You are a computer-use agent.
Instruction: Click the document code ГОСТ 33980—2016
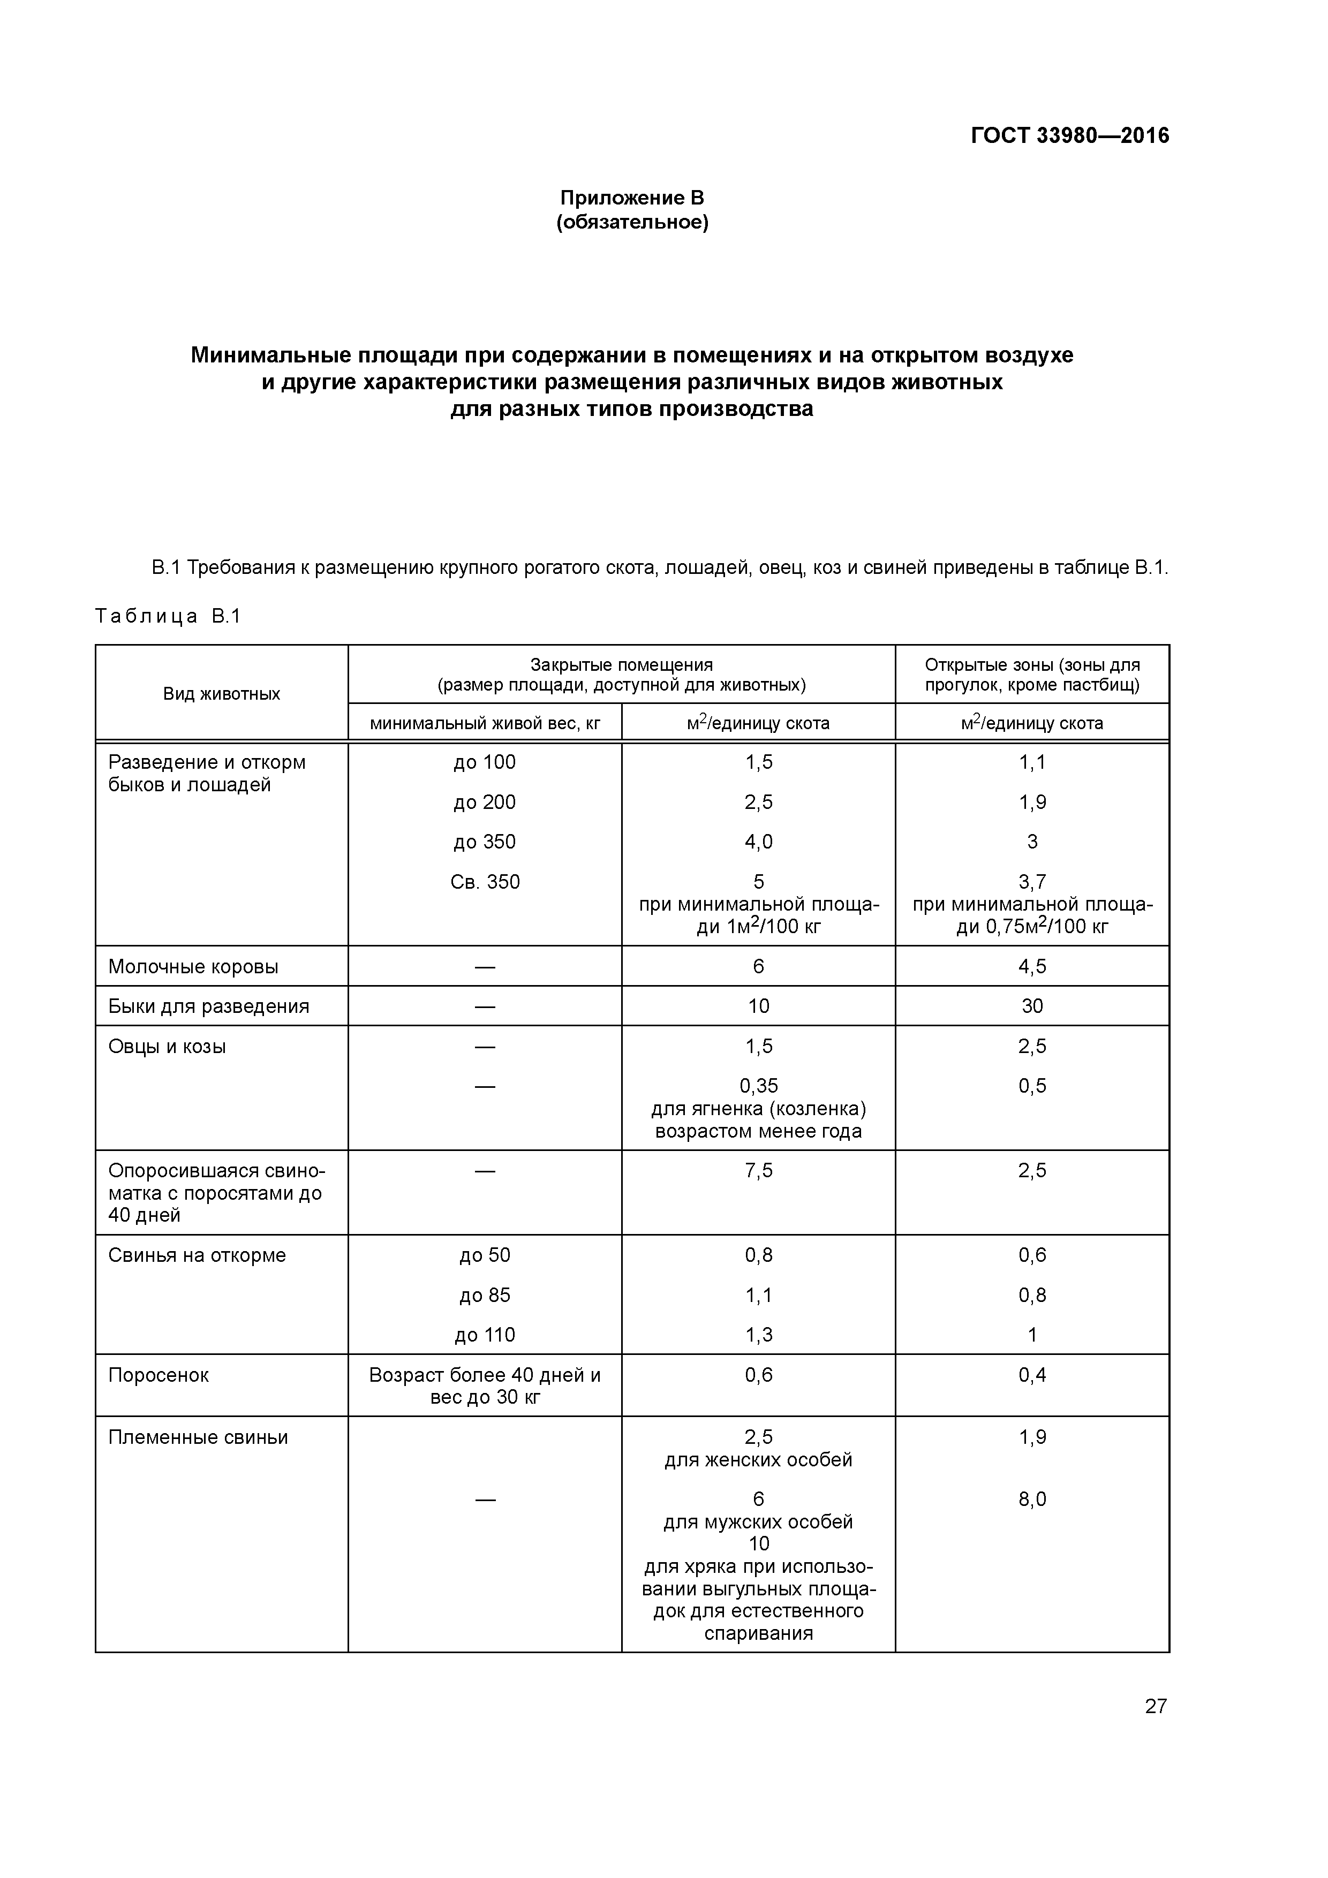[x=1069, y=135]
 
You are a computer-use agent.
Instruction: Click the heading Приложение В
[x=632, y=198]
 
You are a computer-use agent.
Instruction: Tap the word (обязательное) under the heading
[x=632, y=223]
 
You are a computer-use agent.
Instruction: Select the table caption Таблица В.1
[x=168, y=616]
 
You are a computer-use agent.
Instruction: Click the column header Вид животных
[x=222, y=694]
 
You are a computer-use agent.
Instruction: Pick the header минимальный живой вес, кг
[x=485, y=723]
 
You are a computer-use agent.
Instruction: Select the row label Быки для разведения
[x=209, y=1006]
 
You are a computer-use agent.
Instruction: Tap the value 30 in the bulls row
[x=1032, y=1006]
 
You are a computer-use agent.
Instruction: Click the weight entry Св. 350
[x=485, y=882]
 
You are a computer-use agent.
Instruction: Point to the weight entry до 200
[x=485, y=802]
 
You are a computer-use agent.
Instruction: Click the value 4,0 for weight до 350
[x=758, y=842]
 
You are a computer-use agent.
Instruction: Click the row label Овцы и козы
[x=167, y=1046]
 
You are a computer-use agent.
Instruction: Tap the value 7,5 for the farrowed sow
[x=758, y=1170]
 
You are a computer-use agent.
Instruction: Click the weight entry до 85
[x=485, y=1295]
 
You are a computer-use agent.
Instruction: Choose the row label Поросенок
[x=159, y=1375]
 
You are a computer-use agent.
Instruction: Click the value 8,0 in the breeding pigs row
[x=1032, y=1500]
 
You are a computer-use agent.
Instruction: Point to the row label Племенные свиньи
[x=198, y=1437]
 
